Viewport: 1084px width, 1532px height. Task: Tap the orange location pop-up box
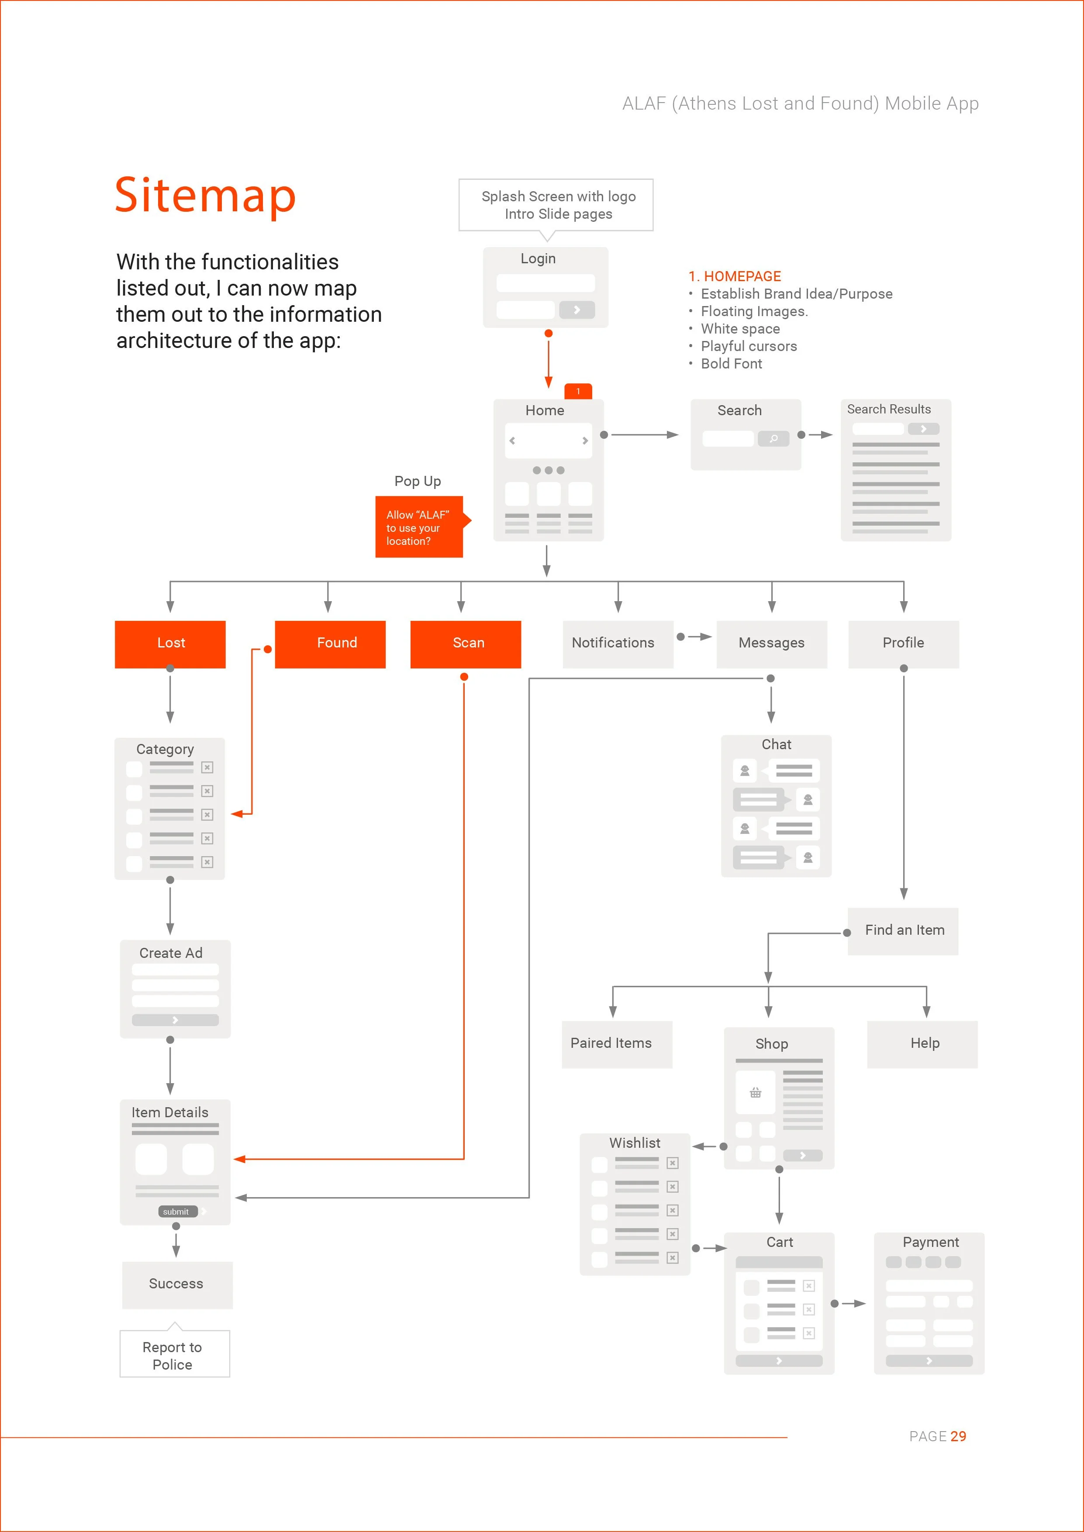click(x=419, y=527)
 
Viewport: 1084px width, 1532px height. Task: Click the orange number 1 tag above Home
click(x=578, y=391)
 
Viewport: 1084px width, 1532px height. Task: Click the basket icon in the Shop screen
click(x=755, y=1092)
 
